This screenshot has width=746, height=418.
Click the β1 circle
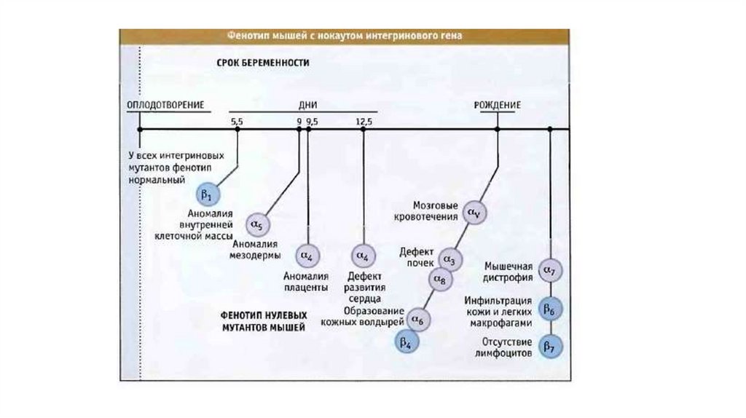click(205, 195)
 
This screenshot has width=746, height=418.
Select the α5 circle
click(258, 224)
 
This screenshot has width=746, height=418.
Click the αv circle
click(474, 213)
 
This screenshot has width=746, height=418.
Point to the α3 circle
click(449, 259)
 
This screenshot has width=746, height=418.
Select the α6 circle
click(418, 318)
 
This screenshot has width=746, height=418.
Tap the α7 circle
click(550, 272)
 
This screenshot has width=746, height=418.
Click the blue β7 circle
click(550, 347)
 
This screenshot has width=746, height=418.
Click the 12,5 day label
click(364, 122)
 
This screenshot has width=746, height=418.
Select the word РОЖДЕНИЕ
click(497, 106)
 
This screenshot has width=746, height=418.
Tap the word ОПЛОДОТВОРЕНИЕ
click(165, 106)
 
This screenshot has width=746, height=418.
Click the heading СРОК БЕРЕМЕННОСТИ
click(263, 63)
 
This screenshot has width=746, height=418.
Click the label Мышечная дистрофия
click(509, 272)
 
